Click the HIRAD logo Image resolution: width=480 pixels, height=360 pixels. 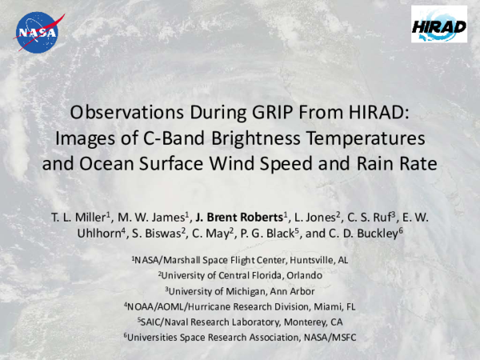(x=438, y=26)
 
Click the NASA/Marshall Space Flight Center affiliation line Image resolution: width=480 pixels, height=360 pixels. (x=241, y=260)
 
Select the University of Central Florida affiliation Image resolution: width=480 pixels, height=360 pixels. (x=240, y=275)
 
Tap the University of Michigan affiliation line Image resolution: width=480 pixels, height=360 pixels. (x=240, y=290)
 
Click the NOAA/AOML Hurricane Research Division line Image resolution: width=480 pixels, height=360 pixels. (x=240, y=306)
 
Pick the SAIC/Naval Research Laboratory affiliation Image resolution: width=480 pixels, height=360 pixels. (x=240, y=321)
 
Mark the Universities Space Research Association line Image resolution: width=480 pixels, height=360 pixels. (x=240, y=337)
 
